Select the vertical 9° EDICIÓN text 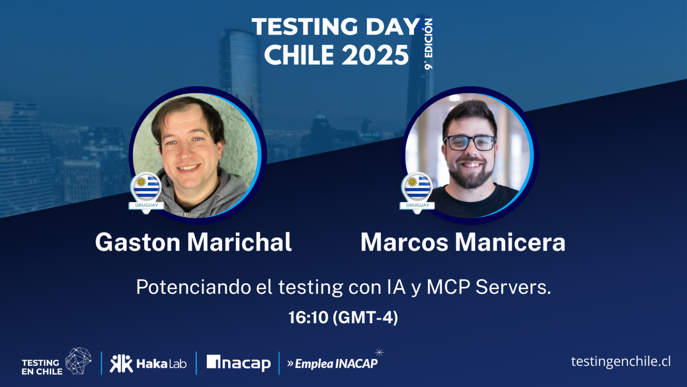[x=428, y=44]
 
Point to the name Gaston [x=138, y=242]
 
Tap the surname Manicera [x=510, y=242]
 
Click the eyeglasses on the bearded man [x=470, y=143]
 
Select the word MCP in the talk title [x=448, y=287]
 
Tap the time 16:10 [x=308, y=317]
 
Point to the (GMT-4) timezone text [x=365, y=317]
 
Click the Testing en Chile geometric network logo [x=78, y=361]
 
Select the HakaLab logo [x=148, y=363]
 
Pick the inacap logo [x=238, y=363]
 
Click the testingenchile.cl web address [x=620, y=362]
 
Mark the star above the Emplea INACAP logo [x=379, y=352]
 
